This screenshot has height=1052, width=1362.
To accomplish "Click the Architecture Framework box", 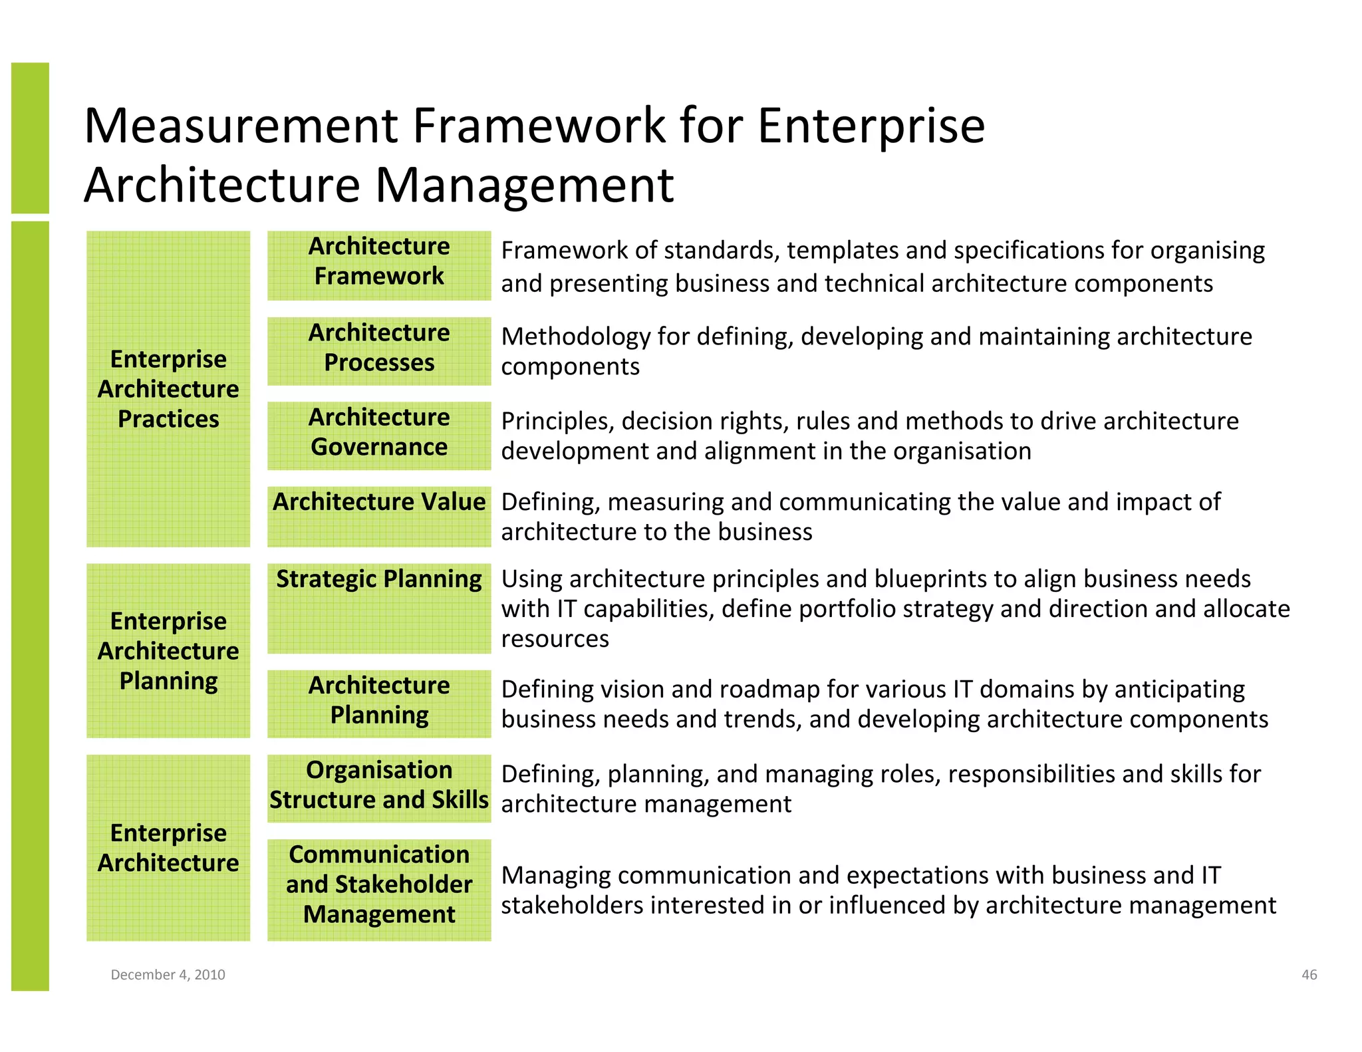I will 379,265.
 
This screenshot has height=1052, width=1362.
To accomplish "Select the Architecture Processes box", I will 379,351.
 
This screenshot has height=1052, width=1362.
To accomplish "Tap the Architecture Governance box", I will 379,436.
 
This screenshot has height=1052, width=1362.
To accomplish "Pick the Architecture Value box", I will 379,516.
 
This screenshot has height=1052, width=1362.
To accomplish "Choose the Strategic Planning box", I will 379,608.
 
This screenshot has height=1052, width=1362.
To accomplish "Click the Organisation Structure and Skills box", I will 379,788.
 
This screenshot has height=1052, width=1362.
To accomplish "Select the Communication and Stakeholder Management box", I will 379,889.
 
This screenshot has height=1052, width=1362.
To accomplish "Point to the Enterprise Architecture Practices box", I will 168,389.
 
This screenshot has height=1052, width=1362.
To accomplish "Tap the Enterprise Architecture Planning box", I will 168,650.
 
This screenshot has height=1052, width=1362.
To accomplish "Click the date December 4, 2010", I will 168,974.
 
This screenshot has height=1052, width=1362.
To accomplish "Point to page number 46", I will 1309,974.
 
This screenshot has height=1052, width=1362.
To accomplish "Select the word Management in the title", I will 525,185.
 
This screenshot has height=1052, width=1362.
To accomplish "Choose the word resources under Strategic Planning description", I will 555,639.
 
